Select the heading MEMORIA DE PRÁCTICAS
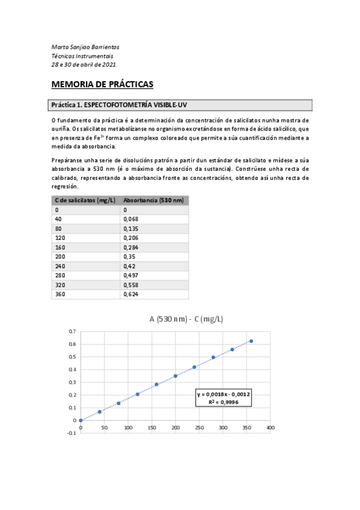pos(103,84)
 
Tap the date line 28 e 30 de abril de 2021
pos(84,64)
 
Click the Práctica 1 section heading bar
pos(180,105)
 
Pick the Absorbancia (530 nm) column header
pos(153,200)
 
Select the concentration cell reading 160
pos(60,247)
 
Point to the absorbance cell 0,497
pos(132,275)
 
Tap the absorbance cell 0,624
pos(132,295)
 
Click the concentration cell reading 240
pos(60,266)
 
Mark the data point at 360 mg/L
pos(251,341)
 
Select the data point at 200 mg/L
pos(175,376)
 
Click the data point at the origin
pos(81,420)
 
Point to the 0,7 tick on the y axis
pos(72,331)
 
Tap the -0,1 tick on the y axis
pos(71,433)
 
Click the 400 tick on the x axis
pos(270,428)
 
